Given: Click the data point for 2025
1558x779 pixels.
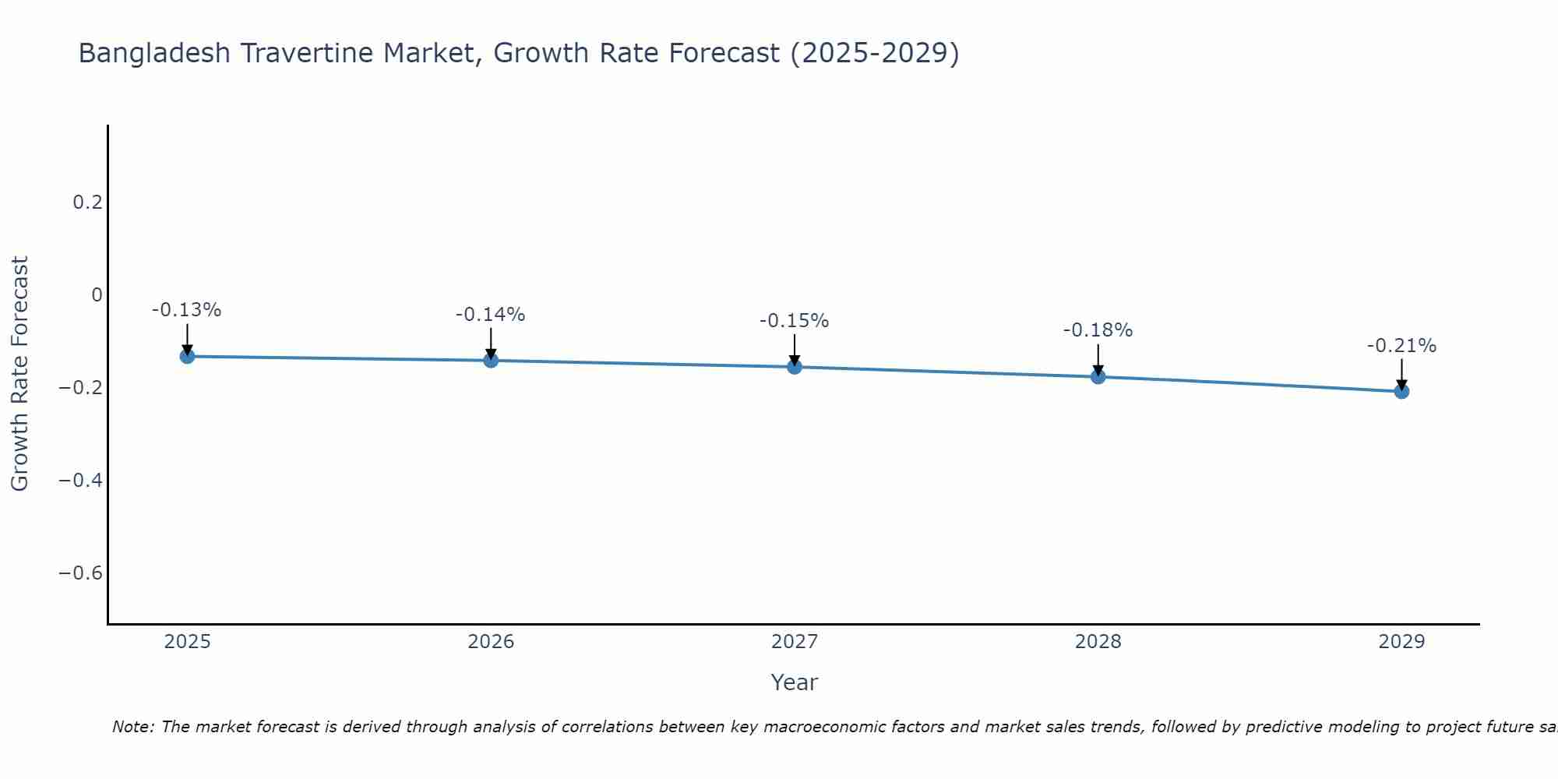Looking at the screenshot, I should [187, 356].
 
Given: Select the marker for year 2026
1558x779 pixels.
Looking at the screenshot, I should [491, 360].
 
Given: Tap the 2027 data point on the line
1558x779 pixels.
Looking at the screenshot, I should [795, 366].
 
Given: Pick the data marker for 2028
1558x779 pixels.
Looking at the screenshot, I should [1098, 376].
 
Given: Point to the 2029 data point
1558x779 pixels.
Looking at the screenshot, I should [1401, 391].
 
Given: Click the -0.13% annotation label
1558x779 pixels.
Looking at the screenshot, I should [186, 310].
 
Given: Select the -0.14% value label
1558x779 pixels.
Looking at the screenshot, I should [490, 315].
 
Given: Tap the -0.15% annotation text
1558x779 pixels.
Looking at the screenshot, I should [794, 321].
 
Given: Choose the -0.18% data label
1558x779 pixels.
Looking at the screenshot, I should [1098, 330].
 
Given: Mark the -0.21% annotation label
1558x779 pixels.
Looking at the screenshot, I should [1401, 346].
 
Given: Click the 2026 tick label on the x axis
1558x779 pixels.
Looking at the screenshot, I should [491, 642].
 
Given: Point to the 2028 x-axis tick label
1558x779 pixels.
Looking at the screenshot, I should [1098, 642].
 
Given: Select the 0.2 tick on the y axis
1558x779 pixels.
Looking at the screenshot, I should [87, 203].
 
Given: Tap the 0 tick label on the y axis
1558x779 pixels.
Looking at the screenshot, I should [97, 295].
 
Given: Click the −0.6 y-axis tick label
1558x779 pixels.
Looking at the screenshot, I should [81, 573].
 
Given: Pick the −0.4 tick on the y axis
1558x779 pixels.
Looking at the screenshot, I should [81, 481].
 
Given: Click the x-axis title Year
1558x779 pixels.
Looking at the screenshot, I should [794, 682].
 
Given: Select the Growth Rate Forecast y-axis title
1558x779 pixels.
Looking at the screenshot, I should [19, 373].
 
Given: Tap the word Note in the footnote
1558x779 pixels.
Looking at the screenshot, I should [133, 727].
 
